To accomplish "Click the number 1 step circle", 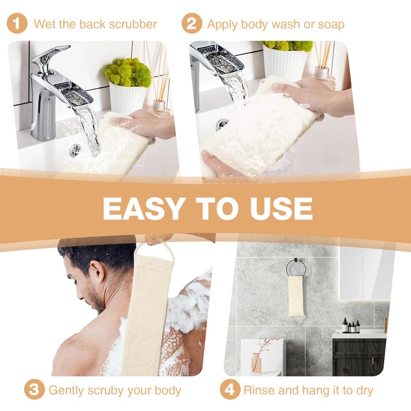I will point(17,24).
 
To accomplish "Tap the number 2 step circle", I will point(191,24).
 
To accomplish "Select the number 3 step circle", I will point(34,390).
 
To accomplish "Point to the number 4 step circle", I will point(230,390).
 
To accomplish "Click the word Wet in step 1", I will point(44,24).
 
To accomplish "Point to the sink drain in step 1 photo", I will point(76,150).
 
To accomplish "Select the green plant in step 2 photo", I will point(287,46).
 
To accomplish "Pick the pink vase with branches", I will point(256,363).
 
